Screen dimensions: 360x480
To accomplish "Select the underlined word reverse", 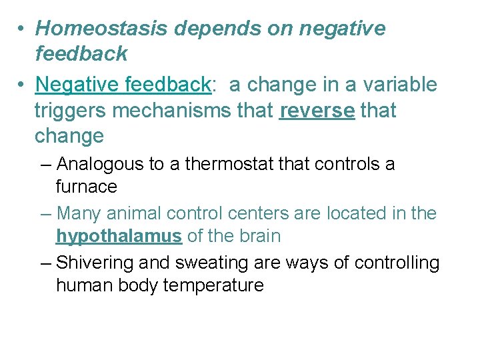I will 317,111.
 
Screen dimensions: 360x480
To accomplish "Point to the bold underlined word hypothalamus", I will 119,237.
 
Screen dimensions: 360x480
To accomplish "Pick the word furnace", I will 86,187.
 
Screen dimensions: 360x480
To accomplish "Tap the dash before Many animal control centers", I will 45,214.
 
